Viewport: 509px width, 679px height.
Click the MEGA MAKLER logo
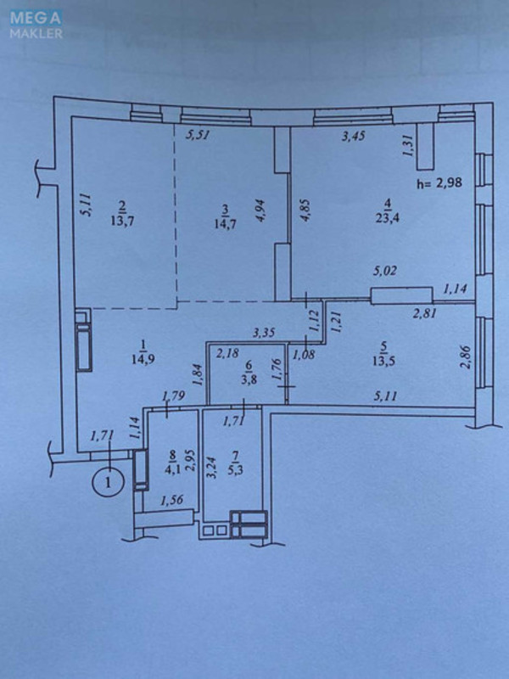36,25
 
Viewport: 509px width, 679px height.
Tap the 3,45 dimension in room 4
354,135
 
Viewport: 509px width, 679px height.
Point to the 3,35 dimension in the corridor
266,332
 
